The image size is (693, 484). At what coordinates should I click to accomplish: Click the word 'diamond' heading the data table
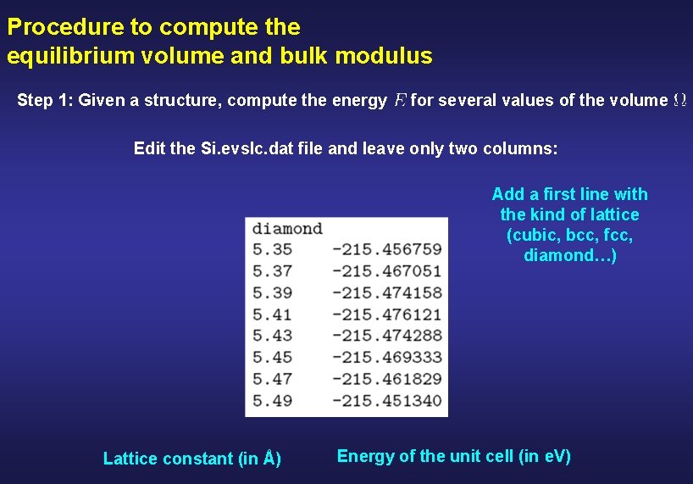(287, 228)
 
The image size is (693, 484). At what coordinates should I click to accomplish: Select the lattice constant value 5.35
(270, 249)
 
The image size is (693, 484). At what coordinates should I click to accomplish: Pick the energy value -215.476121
(386, 314)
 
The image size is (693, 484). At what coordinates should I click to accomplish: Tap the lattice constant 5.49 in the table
(270, 400)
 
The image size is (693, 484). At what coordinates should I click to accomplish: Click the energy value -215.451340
(386, 400)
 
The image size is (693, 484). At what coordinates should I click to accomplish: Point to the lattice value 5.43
(270, 336)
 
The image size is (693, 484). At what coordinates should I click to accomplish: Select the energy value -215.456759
(386, 249)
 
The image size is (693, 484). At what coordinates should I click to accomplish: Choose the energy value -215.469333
(386, 357)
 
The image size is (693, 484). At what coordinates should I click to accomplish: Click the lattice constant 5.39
(270, 292)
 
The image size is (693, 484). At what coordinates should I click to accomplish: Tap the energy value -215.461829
(386, 379)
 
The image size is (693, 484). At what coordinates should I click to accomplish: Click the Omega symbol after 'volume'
(679, 101)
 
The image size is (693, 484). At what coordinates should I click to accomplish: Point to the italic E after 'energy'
(400, 101)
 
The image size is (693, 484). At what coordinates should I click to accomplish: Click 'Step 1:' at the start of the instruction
(44, 101)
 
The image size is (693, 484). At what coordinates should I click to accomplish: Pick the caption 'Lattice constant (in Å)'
(192, 459)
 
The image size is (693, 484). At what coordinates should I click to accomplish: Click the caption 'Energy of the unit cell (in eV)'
(453, 456)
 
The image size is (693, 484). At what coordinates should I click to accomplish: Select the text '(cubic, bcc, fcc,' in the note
(569, 235)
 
